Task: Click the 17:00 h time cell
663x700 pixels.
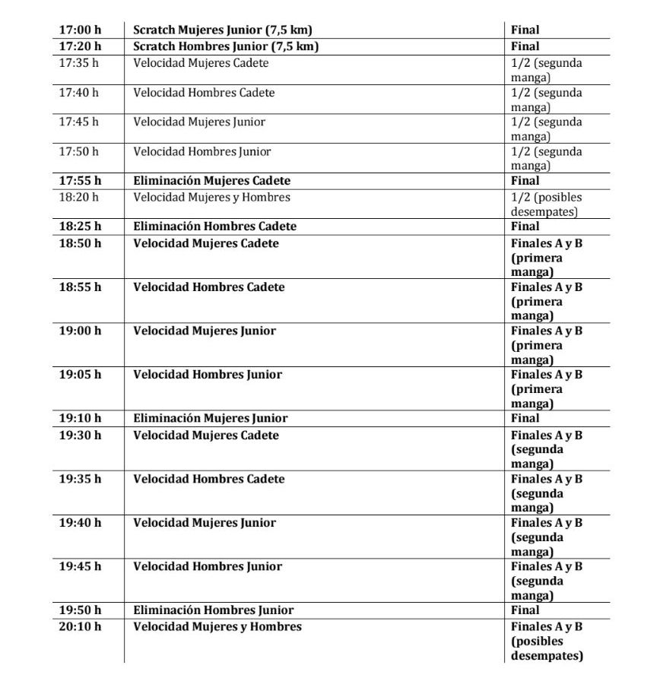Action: tap(80, 30)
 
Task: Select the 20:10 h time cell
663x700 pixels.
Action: tap(80, 627)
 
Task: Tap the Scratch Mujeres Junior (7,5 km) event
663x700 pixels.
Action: tap(223, 30)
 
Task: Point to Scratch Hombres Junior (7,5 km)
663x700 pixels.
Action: tap(226, 46)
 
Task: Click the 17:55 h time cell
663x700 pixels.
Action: tap(80, 181)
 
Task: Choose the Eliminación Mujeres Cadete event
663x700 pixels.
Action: tap(211, 181)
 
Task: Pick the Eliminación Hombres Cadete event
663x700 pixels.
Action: tap(214, 226)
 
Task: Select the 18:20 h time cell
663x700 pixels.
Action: tap(79, 198)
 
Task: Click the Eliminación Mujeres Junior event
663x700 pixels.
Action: tap(211, 418)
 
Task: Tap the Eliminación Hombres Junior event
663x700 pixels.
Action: tap(214, 610)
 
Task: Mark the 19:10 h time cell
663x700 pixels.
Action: tap(80, 418)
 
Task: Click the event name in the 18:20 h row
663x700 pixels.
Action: tap(211, 198)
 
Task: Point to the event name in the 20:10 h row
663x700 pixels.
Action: tap(217, 627)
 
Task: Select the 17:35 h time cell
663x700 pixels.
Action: tap(79, 63)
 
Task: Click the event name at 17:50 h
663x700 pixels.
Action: tap(202, 151)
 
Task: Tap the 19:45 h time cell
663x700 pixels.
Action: tap(80, 566)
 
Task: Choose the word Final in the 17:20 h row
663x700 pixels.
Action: tap(525, 46)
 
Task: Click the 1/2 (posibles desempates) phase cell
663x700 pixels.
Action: tap(546, 204)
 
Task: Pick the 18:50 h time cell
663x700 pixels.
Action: tap(80, 243)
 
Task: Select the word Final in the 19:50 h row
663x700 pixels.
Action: tap(525, 610)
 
